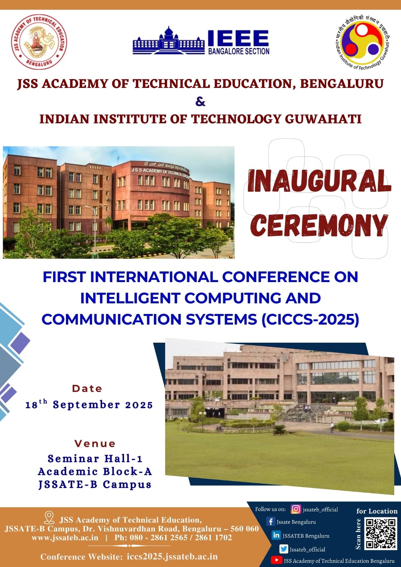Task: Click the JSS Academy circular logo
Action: coord(39,42)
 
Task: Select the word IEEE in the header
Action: coord(238,38)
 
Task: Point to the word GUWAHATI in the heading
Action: coord(323,119)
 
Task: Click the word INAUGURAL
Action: coord(319,181)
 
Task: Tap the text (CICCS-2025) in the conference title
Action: coord(311,319)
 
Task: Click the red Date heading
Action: coord(87,388)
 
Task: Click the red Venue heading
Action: coord(95,443)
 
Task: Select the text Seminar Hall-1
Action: coord(95,459)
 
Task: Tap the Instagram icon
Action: coord(296,509)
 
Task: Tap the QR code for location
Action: coord(380,534)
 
